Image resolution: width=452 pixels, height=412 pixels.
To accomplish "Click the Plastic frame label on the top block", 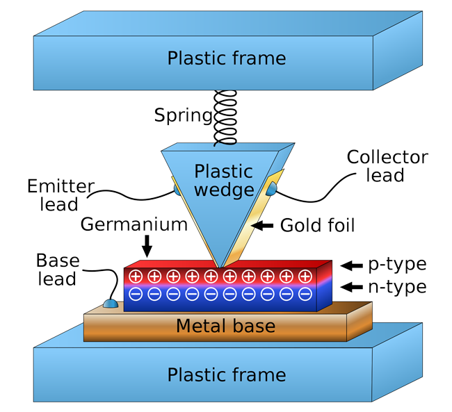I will (226, 58).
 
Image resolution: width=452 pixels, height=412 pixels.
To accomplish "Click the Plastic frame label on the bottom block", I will (226, 375).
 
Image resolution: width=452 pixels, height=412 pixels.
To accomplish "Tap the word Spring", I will (183, 115).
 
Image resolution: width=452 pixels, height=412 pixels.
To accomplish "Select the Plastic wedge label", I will (223, 180).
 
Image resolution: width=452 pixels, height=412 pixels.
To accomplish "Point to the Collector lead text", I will (387, 166).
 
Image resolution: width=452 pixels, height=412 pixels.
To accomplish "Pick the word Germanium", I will (134, 224).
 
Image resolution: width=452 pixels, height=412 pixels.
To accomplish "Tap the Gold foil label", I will (317, 225).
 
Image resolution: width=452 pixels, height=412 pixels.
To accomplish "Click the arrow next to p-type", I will (352, 265).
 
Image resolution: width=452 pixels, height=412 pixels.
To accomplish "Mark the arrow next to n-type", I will (352, 286).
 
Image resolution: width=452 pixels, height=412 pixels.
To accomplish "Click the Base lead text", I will (57, 270).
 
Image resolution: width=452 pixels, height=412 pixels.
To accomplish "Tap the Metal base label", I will (225, 326).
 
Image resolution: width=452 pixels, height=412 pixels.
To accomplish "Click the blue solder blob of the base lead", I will (110, 303).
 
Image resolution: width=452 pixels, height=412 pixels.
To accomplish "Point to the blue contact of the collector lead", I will (271, 188).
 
